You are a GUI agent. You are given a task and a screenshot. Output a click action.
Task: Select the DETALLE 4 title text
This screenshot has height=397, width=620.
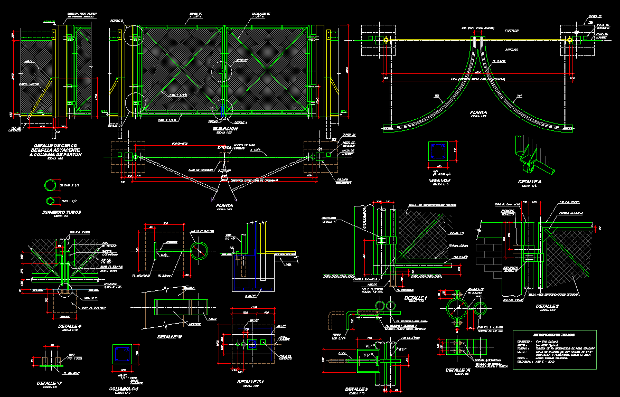click(x=70, y=326)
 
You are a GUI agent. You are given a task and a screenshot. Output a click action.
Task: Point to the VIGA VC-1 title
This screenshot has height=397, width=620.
click(x=439, y=181)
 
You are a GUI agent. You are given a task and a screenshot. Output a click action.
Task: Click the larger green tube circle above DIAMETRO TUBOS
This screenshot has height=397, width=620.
click(x=51, y=186)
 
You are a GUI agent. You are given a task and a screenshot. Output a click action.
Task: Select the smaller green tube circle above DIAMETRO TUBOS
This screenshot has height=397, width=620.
click(x=51, y=201)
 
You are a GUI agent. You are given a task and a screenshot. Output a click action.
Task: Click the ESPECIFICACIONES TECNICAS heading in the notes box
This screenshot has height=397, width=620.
click(x=555, y=335)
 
